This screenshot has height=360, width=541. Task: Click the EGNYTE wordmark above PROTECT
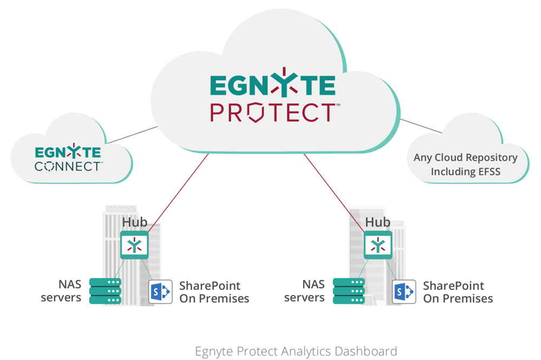pyautogui.click(x=272, y=86)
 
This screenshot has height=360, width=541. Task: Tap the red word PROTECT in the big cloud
pyautogui.click(x=272, y=113)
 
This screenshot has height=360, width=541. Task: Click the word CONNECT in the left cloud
pyautogui.click(x=68, y=166)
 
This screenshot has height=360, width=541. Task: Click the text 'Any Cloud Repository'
pyautogui.click(x=465, y=158)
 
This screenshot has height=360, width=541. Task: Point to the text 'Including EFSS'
pyautogui.click(x=465, y=172)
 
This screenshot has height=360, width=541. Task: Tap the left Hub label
pyautogui.click(x=134, y=222)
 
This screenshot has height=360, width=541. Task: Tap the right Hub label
pyautogui.click(x=378, y=222)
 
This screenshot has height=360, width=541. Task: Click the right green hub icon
pyautogui.click(x=377, y=245)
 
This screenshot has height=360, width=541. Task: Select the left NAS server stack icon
pyautogui.click(x=105, y=291)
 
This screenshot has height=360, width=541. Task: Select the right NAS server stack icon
pyautogui.click(x=349, y=291)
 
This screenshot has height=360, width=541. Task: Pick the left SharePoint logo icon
pyautogui.click(x=160, y=292)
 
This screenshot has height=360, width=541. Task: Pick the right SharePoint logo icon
pyautogui.click(x=404, y=292)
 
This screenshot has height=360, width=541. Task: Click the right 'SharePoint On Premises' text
pyautogui.click(x=458, y=292)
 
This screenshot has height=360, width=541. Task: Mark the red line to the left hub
pyautogui.click(x=179, y=192)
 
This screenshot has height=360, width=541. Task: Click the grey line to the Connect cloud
pyautogui.click(x=133, y=135)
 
